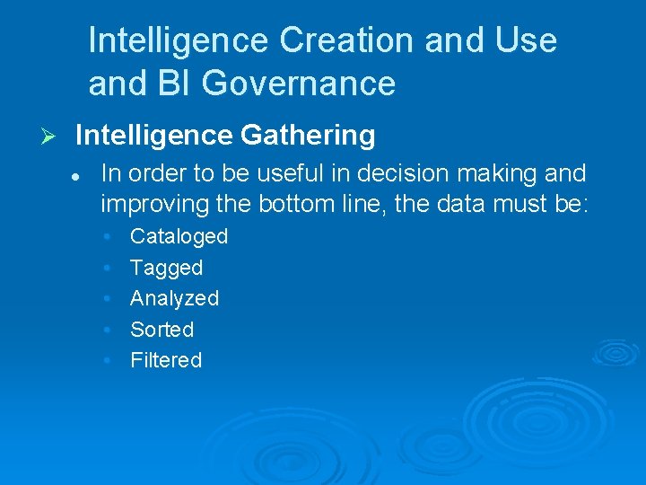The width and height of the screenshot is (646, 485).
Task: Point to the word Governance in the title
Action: click(x=299, y=84)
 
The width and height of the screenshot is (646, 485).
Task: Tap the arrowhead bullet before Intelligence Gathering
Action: click(x=50, y=137)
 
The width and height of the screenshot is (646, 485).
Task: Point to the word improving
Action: click(x=156, y=204)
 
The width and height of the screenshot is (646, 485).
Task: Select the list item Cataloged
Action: click(x=179, y=236)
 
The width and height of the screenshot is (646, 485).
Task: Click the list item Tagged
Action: click(x=166, y=268)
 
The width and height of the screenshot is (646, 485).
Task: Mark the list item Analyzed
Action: click(x=174, y=298)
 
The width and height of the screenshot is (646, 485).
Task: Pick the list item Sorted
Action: click(x=161, y=330)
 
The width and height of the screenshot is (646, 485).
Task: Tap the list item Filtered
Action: click(x=166, y=360)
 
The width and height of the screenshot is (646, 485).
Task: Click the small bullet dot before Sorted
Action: click(x=107, y=330)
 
